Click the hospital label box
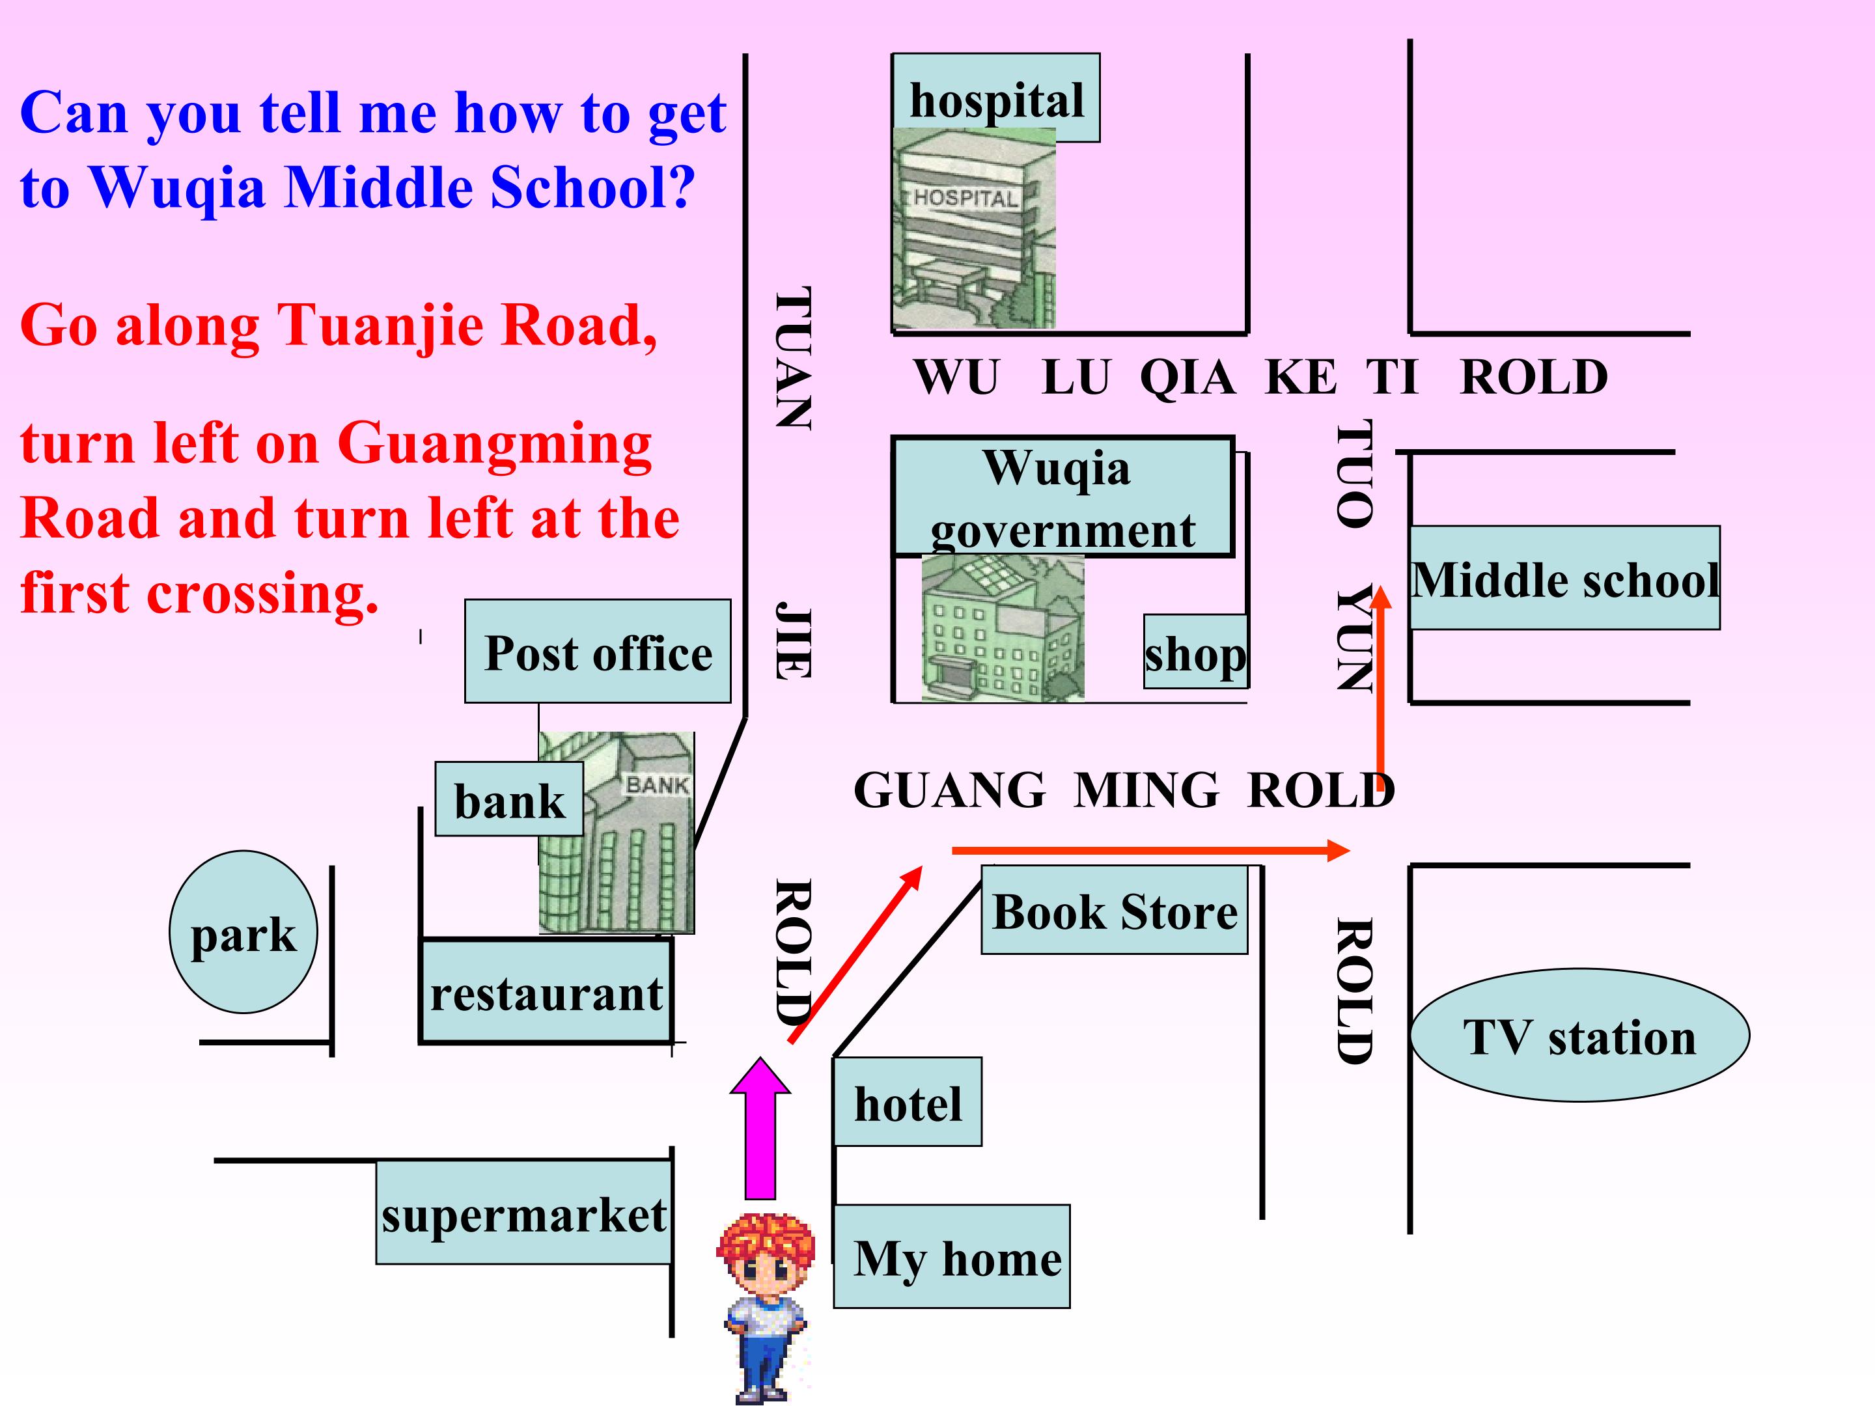coord(996,98)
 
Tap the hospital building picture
coord(974,228)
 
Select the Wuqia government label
coord(1063,497)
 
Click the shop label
coord(1195,651)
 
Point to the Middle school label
coord(1564,578)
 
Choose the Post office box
coord(598,651)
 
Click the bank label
coord(509,799)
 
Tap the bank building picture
coord(617,833)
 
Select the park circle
coord(243,932)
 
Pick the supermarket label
coord(524,1213)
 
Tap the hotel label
coord(908,1102)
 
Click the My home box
coord(952,1256)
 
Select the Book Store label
coord(1115,910)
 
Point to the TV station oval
coord(1580,1036)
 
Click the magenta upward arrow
coord(760,1128)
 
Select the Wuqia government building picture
coord(1003,628)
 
